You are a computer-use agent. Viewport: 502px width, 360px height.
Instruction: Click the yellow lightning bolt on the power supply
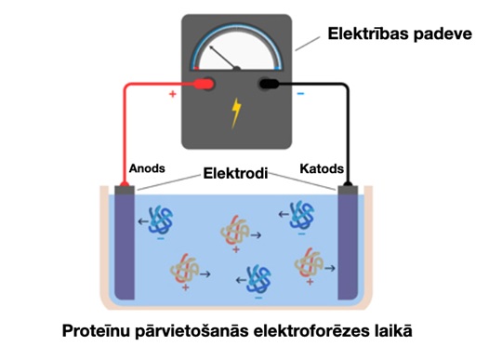[236, 113]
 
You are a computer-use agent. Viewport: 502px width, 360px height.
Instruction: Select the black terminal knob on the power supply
[271, 85]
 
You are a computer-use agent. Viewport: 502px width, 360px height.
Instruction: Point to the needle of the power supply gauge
[224, 57]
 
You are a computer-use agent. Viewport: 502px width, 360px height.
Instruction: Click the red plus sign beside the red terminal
[173, 93]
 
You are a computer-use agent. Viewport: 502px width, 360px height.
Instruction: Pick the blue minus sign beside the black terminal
[299, 93]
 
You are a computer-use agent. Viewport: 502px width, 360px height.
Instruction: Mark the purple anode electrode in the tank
[124, 247]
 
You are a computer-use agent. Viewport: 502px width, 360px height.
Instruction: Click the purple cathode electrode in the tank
[349, 247]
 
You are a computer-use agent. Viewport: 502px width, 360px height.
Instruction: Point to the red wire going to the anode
[125, 130]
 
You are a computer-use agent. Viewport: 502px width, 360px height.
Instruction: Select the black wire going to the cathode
[348, 130]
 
